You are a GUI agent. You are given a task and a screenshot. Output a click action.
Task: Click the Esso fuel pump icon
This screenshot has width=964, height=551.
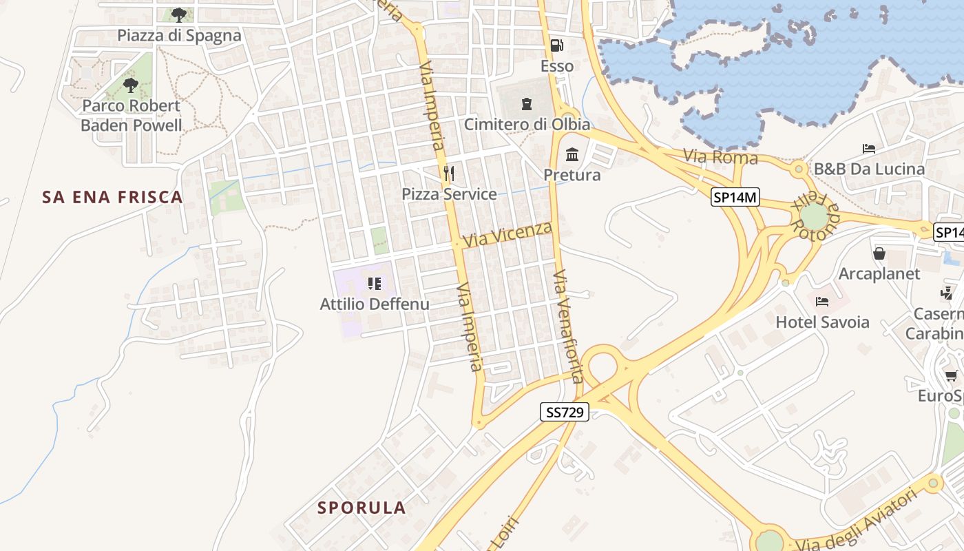(556, 46)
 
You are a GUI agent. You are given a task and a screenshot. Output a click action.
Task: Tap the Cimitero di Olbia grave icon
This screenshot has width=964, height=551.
(527, 104)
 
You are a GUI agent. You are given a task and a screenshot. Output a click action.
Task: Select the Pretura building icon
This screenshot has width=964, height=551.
(572, 154)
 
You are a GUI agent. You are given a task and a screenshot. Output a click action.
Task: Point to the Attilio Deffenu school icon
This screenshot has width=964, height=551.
(375, 283)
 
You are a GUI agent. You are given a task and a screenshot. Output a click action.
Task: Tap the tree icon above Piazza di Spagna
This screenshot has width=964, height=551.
(179, 14)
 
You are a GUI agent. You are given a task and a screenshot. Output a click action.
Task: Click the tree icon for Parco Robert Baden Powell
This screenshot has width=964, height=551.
(130, 85)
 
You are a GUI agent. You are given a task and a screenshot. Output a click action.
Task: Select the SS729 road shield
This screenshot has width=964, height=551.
(564, 413)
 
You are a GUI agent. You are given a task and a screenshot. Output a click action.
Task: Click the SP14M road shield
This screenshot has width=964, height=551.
(735, 198)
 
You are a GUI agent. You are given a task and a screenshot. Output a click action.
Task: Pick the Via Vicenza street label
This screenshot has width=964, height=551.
(508, 234)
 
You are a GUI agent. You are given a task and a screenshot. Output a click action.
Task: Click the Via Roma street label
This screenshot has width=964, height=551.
(720, 157)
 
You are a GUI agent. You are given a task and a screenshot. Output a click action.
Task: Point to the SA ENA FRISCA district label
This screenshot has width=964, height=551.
(113, 198)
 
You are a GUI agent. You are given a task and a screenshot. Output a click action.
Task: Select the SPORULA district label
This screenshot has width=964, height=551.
(361, 508)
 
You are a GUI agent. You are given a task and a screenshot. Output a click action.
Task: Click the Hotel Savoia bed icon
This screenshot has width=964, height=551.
(821, 302)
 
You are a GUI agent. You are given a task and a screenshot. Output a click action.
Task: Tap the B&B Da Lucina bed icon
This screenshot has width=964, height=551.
(869, 149)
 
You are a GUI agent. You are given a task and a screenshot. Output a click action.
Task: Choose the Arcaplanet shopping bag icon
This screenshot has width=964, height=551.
(879, 253)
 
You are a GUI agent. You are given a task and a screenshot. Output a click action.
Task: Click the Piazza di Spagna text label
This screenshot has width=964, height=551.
(179, 36)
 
